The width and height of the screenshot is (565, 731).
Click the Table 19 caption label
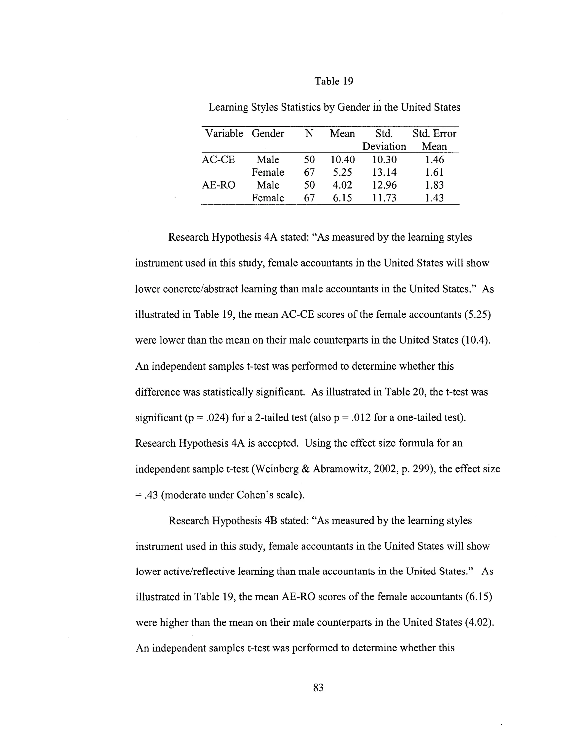click(x=334, y=81)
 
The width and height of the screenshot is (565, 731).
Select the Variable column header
click(x=224, y=134)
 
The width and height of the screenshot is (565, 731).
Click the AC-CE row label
click(x=218, y=160)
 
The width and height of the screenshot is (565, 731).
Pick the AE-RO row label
click(x=218, y=185)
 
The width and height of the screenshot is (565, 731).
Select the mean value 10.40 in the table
click(x=342, y=160)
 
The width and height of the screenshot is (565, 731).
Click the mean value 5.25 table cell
click(x=342, y=172)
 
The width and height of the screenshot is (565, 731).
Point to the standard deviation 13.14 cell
click(x=384, y=172)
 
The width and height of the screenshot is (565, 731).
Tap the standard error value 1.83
click(x=434, y=185)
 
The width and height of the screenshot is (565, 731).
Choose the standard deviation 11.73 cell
click(x=384, y=198)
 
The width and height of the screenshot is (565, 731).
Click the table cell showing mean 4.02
click(x=342, y=185)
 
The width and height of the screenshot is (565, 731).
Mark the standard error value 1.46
click(x=434, y=160)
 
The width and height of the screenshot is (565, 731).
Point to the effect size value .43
click(x=151, y=495)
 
